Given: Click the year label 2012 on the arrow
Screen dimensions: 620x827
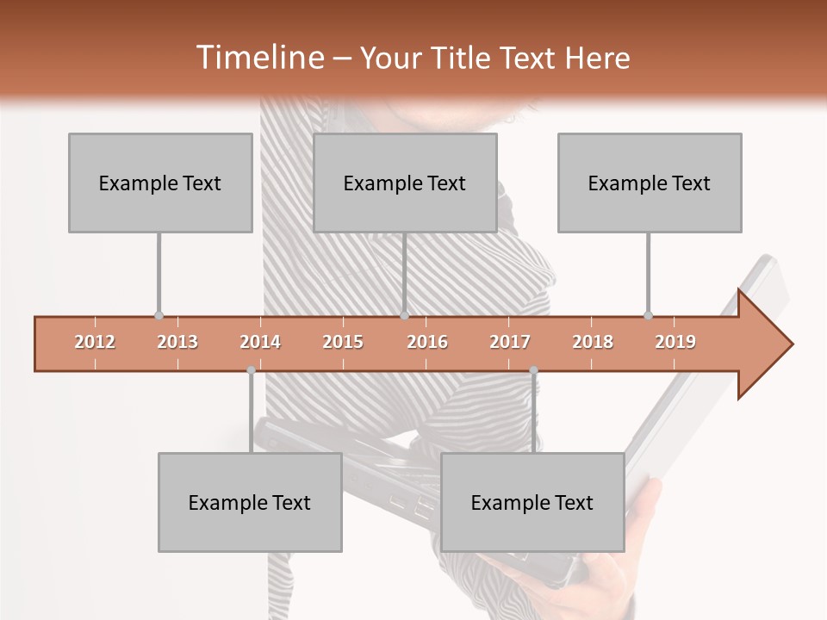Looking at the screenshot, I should tap(95, 342).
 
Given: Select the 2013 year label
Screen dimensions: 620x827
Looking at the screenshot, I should tap(177, 342).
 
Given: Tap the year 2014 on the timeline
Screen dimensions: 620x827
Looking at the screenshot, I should tap(260, 342).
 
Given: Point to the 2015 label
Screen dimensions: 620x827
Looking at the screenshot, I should tap(343, 342).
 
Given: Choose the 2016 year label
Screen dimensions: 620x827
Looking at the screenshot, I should tap(427, 342).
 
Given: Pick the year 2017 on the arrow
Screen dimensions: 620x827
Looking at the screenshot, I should tap(510, 342).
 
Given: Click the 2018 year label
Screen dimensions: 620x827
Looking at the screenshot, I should tap(593, 342).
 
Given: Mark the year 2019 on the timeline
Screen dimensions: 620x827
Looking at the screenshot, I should tap(675, 342).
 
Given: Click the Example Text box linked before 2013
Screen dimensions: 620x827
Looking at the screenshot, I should tap(160, 183).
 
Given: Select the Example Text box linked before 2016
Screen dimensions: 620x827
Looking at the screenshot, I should tap(405, 183).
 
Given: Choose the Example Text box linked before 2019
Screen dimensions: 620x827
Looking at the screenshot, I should tap(650, 183).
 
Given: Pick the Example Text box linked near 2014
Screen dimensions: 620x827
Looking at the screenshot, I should tap(250, 502).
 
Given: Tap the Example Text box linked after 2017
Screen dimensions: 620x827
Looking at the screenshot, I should tap(532, 502).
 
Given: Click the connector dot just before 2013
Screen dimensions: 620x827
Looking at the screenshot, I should tap(159, 316).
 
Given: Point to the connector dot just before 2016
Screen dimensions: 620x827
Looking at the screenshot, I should tap(404, 316).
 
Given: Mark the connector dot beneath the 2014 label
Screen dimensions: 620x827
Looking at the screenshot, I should tap(251, 370).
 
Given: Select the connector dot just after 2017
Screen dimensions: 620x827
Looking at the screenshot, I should tap(533, 370).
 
